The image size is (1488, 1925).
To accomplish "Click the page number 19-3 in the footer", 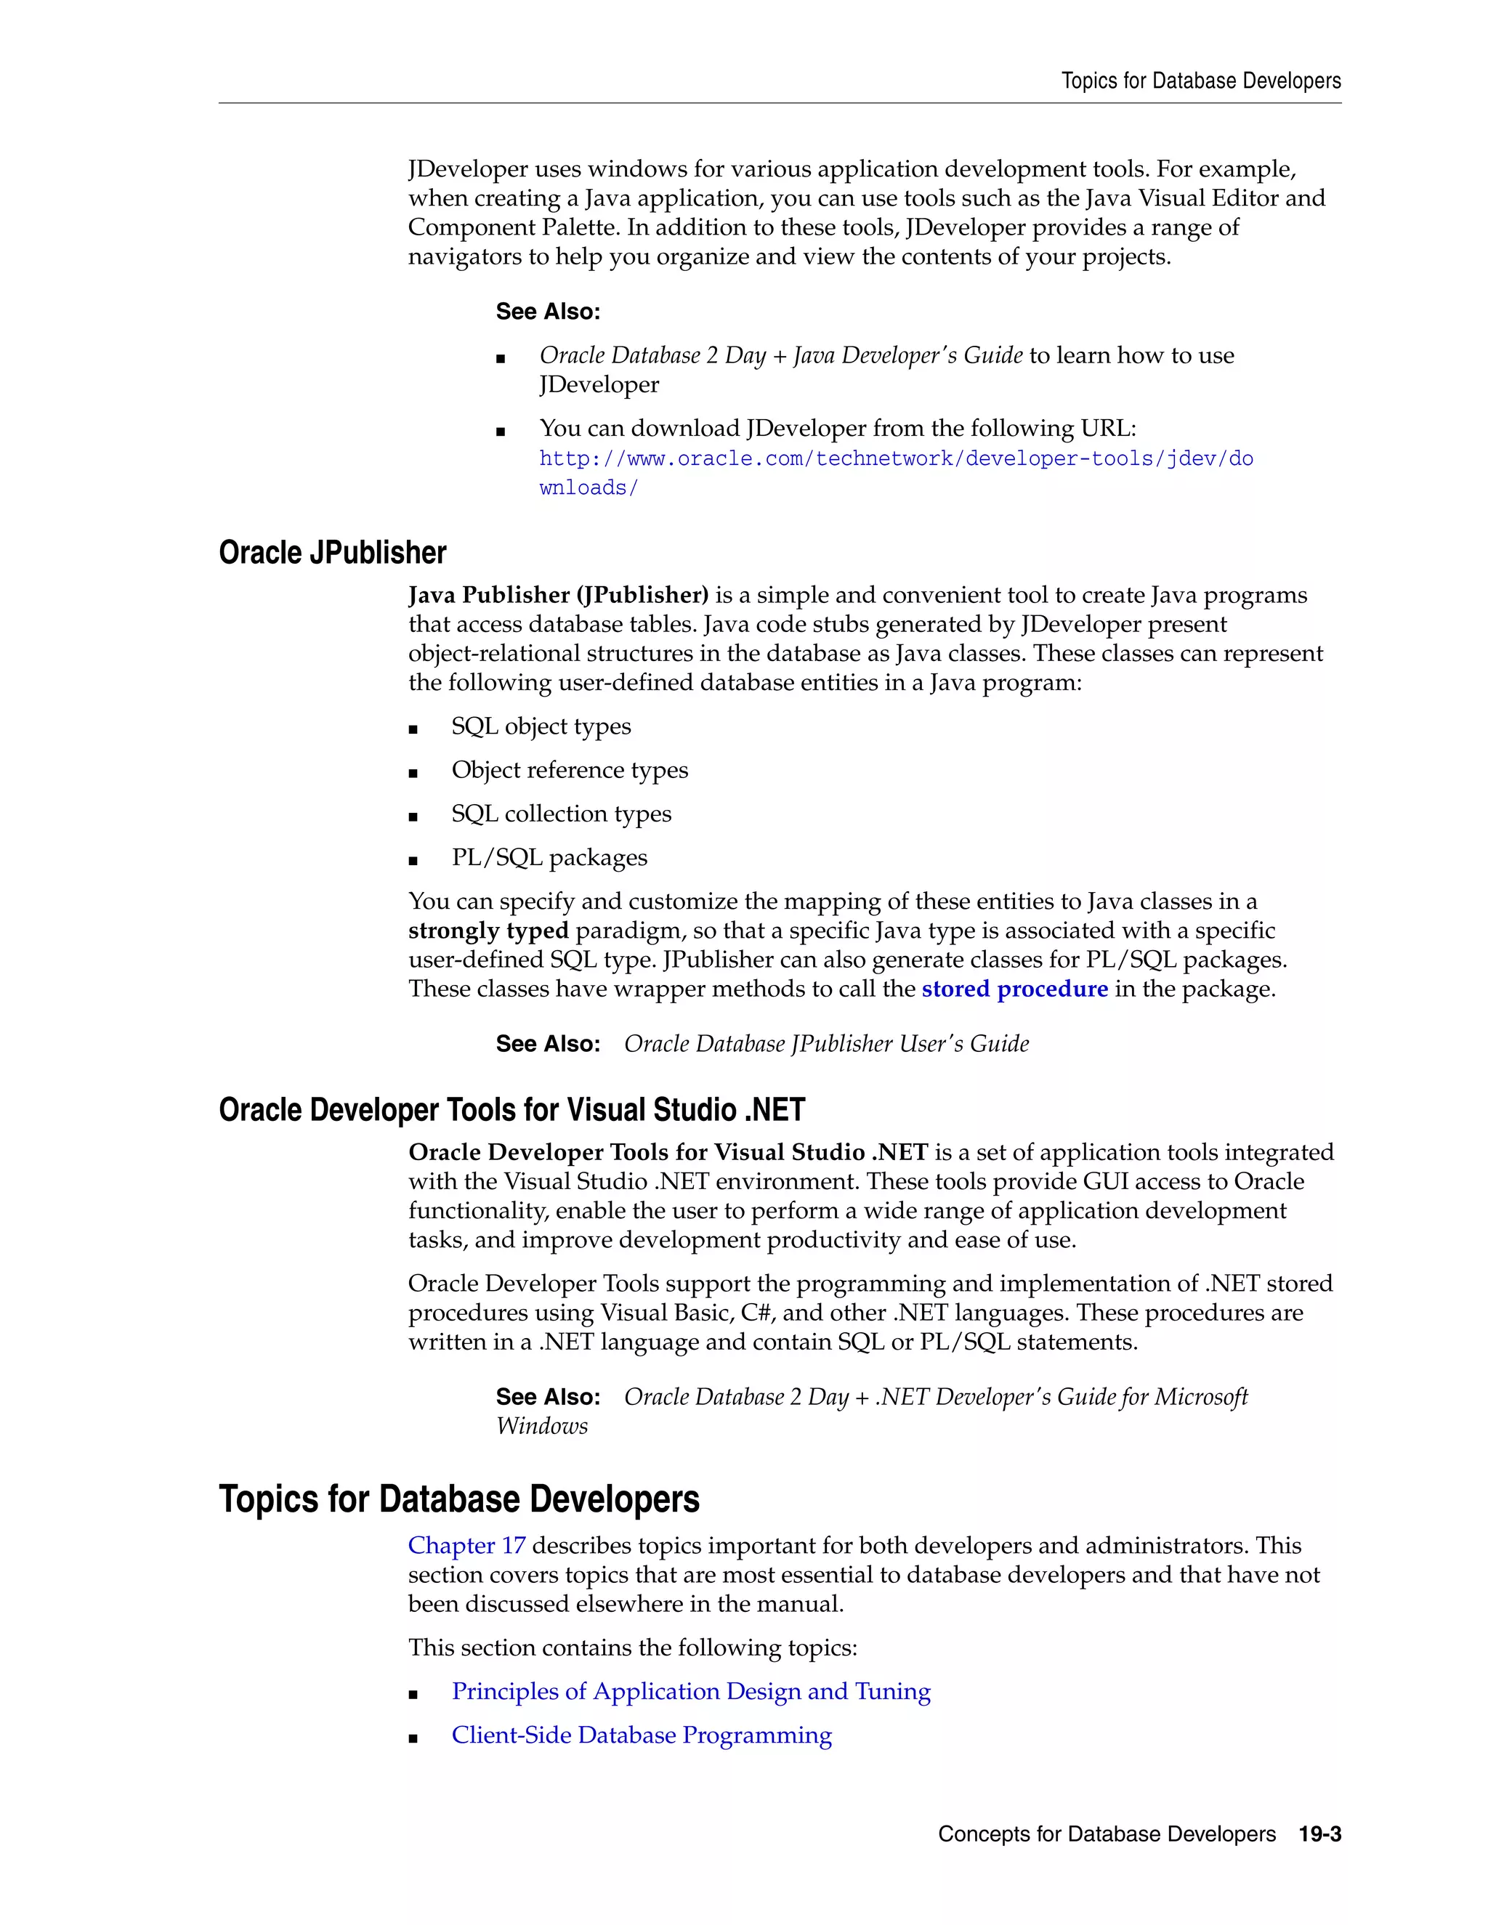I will click(1319, 1833).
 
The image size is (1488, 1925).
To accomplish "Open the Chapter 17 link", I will click(466, 1545).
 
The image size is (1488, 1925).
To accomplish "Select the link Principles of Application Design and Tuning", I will click(690, 1690).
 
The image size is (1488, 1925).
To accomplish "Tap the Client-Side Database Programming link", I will click(641, 1735).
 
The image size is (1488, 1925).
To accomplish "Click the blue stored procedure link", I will click(1014, 988).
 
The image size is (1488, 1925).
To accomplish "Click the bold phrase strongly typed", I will click(488, 930).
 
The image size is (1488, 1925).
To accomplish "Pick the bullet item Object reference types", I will click(570, 769).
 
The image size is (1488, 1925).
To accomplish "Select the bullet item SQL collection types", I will click(561, 814).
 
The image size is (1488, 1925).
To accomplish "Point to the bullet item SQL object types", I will click(541, 726).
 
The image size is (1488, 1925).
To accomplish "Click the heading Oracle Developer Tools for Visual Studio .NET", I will click(511, 1110).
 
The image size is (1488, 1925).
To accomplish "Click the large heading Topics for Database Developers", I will click(458, 1499).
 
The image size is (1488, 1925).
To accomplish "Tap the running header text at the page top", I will click(1200, 81).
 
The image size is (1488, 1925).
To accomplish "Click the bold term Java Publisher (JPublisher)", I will click(558, 595).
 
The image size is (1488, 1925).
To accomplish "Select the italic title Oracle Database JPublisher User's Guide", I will click(826, 1044).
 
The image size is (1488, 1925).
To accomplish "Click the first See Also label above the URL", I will click(547, 311).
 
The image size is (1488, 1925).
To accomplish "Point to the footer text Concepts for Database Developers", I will click(1107, 1833).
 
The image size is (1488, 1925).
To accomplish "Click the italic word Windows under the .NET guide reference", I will click(541, 1425).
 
